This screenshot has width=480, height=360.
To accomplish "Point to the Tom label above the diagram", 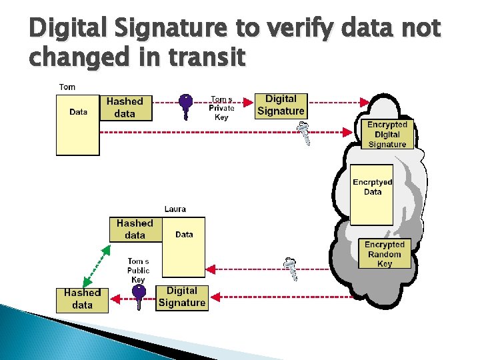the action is tap(67, 87).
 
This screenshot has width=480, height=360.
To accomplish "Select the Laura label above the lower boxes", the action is tap(175, 209).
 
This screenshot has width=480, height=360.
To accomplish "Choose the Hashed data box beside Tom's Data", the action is tap(125, 107).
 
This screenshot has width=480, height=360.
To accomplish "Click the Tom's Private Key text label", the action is tap(221, 108).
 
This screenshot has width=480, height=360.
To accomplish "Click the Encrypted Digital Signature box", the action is tap(387, 134).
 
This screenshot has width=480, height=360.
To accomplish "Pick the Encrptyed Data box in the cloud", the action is tap(373, 193).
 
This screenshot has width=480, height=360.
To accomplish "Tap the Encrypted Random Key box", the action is tap(385, 254).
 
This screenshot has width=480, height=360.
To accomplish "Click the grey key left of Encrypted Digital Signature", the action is tap(303, 133).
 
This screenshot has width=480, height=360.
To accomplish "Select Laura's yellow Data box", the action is tap(184, 247).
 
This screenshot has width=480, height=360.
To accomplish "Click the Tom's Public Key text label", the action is tap(138, 270).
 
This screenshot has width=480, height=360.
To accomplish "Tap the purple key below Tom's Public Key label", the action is tap(138, 298).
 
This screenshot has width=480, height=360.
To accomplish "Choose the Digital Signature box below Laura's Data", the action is tap(181, 297).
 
